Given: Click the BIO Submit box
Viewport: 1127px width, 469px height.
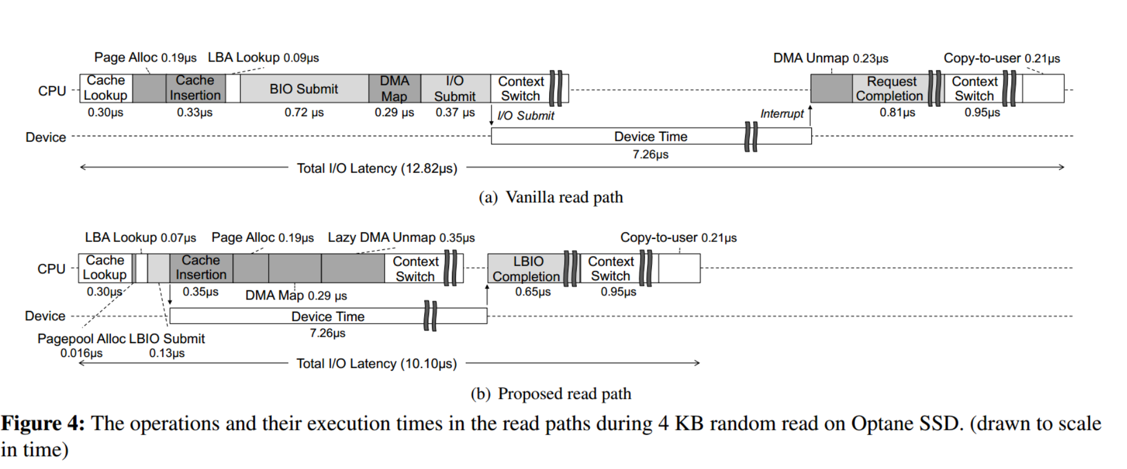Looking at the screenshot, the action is pyautogui.click(x=304, y=89).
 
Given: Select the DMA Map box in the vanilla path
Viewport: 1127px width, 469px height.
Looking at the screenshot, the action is pyautogui.click(x=394, y=89).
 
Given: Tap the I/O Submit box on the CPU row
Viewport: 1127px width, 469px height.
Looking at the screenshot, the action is pyautogui.click(x=455, y=89).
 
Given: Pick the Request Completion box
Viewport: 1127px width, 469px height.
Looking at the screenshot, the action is pyautogui.click(x=891, y=89).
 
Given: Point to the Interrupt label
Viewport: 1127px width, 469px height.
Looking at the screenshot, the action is pyautogui.click(x=782, y=114).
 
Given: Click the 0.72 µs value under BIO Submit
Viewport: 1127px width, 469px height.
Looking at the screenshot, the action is pyautogui.click(x=304, y=113).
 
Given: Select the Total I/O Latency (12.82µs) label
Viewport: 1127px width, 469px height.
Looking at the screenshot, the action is pyautogui.click(x=377, y=168).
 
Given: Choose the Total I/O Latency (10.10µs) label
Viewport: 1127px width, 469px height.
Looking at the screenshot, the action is pyautogui.click(x=377, y=364).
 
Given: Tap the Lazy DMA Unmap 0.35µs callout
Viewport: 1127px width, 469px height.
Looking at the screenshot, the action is pyautogui.click(x=401, y=237).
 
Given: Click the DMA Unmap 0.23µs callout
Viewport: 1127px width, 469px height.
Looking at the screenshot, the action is pyautogui.click(x=831, y=58).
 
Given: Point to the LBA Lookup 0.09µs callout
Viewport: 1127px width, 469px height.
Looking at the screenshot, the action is pyautogui.click(x=263, y=57).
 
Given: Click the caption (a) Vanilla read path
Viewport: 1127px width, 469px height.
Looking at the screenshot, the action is pyautogui.click(x=551, y=197).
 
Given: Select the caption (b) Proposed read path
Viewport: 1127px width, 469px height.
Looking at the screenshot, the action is pyautogui.click(x=551, y=394).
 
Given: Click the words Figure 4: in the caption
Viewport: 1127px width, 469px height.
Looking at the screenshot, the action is pyautogui.click(x=43, y=424).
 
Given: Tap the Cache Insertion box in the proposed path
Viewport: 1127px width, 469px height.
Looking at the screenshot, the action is pyautogui.click(x=201, y=268).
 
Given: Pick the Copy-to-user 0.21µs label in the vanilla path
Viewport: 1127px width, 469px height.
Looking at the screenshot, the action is pyautogui.click(x=1002, y=58).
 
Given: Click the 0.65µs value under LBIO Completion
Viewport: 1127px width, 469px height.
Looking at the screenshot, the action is pyautogui.click(x=533, y=292).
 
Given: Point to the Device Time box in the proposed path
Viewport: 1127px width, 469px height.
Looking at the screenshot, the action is pyautogui.click(x=328, y=316).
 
